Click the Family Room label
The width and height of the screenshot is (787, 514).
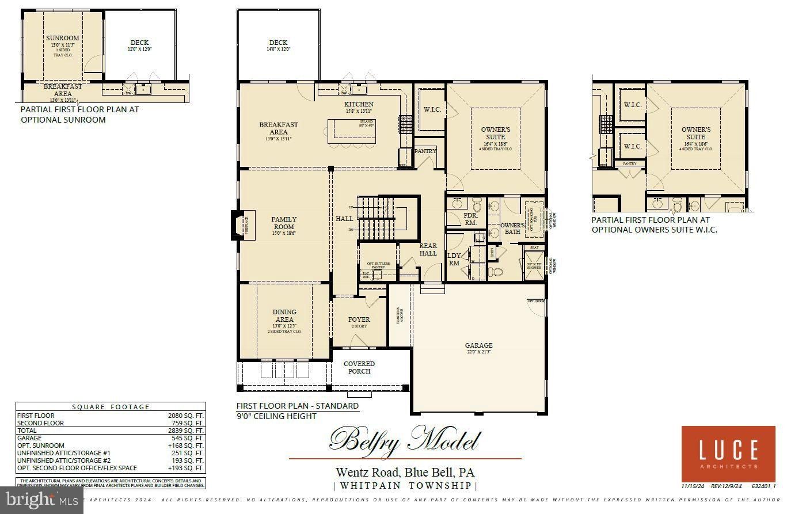(x=284, y=223)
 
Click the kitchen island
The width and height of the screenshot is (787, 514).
(x=352, y=131)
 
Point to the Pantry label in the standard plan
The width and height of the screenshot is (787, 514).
(x=425, y=151)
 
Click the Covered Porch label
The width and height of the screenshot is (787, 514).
(x=359, y=367)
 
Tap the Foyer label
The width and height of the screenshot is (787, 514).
(x=359, y=319)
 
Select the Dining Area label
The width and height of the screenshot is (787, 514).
(x=284, y=315)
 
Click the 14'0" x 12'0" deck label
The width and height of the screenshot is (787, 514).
(x=278, y=46)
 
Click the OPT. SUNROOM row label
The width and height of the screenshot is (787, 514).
(x=41, y=446)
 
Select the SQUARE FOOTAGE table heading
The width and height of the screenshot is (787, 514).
(x=111, y=407)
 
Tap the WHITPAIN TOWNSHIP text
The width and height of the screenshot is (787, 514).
(x=406, y=486)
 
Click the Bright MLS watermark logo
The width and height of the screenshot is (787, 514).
(x=41, y=501)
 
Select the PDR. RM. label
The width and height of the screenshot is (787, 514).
(x=470, y=219)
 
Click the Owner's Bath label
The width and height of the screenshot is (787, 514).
(x=512, y=229)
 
